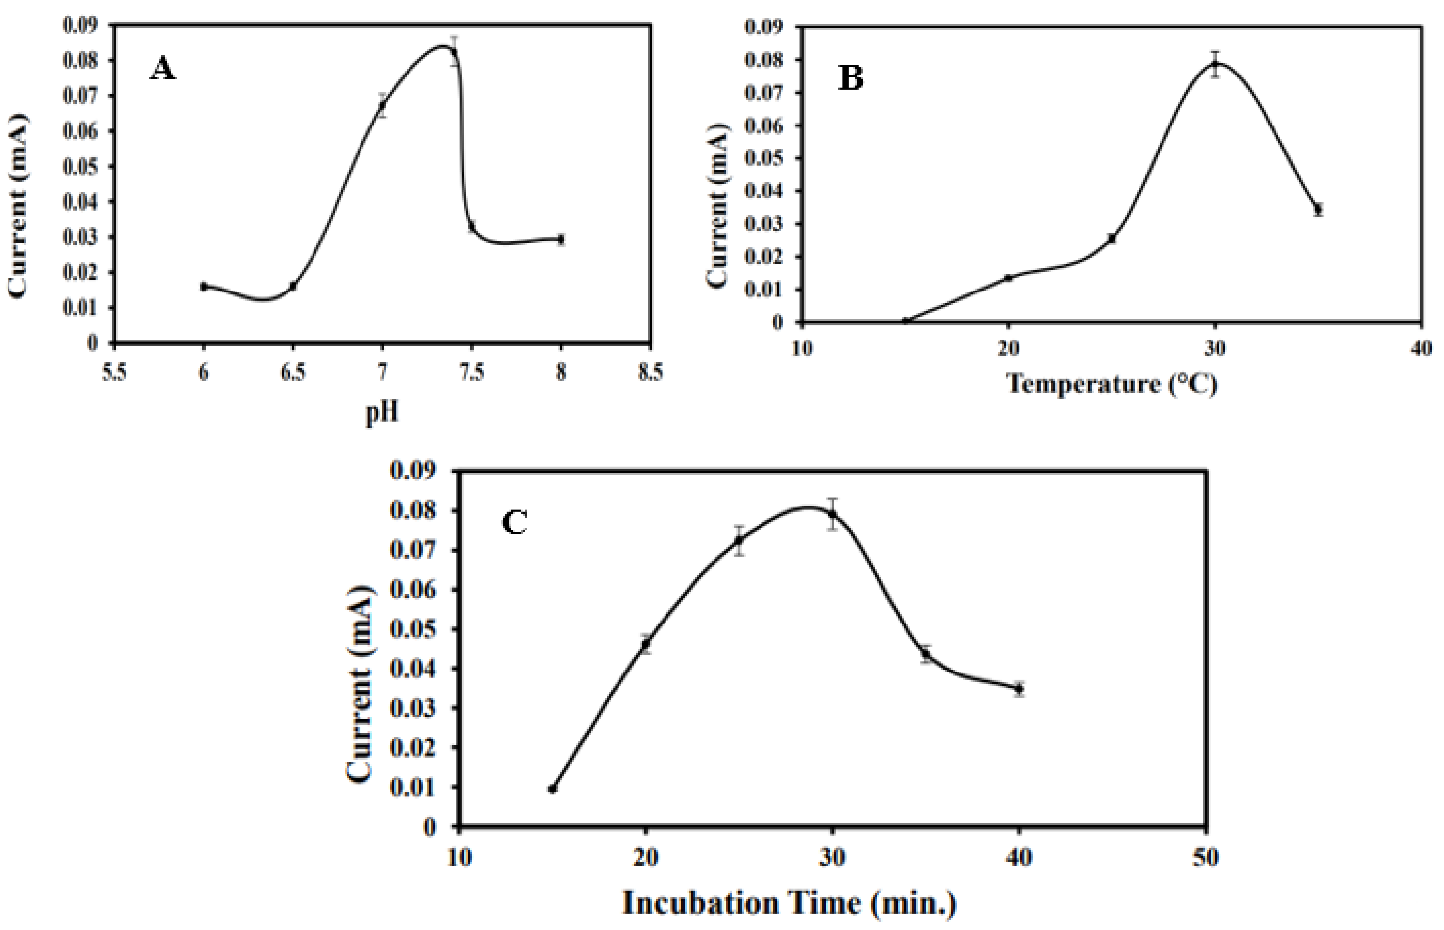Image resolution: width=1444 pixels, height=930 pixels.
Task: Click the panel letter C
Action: [514, 523]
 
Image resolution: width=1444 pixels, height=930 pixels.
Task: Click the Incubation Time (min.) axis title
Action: [790, 904]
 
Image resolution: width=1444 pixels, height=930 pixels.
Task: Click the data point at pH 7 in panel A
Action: [382, 106]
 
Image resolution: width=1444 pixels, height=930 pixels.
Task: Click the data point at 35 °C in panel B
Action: [1318, 209]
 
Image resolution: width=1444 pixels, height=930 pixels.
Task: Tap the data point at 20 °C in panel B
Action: [1008, 278]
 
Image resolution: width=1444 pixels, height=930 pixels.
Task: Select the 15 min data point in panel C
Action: [552, 789]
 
